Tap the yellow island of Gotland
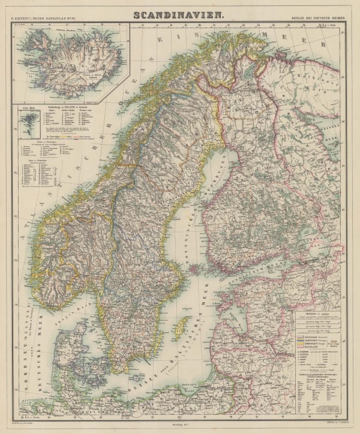tap(186, 328)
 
